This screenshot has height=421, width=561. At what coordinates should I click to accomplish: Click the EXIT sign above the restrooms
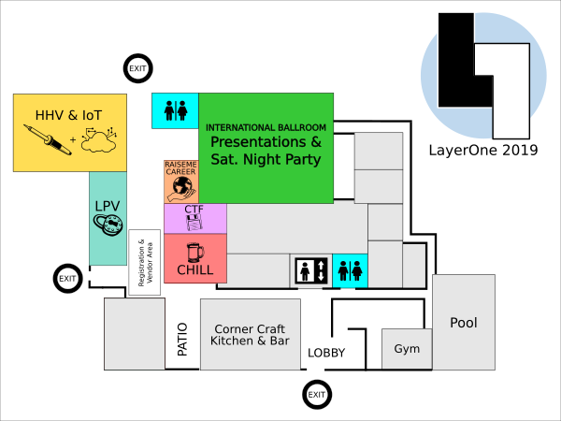click(x=138, y=68)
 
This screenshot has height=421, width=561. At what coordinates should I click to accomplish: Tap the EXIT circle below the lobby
click(x=317, y=395)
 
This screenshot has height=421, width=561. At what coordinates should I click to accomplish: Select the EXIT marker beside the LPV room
click(x=68, y=279)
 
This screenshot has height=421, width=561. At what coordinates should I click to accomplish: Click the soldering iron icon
click(x=48, y=139)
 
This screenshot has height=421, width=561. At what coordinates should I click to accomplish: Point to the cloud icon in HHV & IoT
click(x=99, y=140)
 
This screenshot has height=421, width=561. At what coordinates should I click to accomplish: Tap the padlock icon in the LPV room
click(x=108, y=225)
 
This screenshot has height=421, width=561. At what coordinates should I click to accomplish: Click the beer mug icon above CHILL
click(x=195, y=253)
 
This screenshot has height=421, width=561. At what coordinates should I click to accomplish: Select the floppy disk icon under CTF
click(x=194, y=223)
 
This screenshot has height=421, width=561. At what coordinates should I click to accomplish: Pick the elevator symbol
click(x=311, y=270)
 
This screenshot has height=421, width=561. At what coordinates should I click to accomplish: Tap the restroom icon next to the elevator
click(x=351, y=270)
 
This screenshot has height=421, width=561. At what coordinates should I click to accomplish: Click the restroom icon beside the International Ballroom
click(x=176, y=110)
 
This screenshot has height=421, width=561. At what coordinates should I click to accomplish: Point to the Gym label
click(x=407, y=349)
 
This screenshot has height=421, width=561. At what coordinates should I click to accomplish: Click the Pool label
click(x=464, y=323)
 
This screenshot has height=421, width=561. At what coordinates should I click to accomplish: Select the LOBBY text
click(x=326, y=353)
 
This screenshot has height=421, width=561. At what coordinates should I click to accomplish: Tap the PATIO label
click(x=182, y=340)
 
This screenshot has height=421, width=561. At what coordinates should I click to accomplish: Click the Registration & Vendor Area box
click(x=145, y=262)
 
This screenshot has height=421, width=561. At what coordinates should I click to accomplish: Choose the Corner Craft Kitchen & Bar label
click(x=250, y=335)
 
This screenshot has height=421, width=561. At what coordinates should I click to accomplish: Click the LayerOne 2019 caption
click(x=483, y=150)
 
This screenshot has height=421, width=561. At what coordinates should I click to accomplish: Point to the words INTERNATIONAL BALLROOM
click(x=266, y=128)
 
